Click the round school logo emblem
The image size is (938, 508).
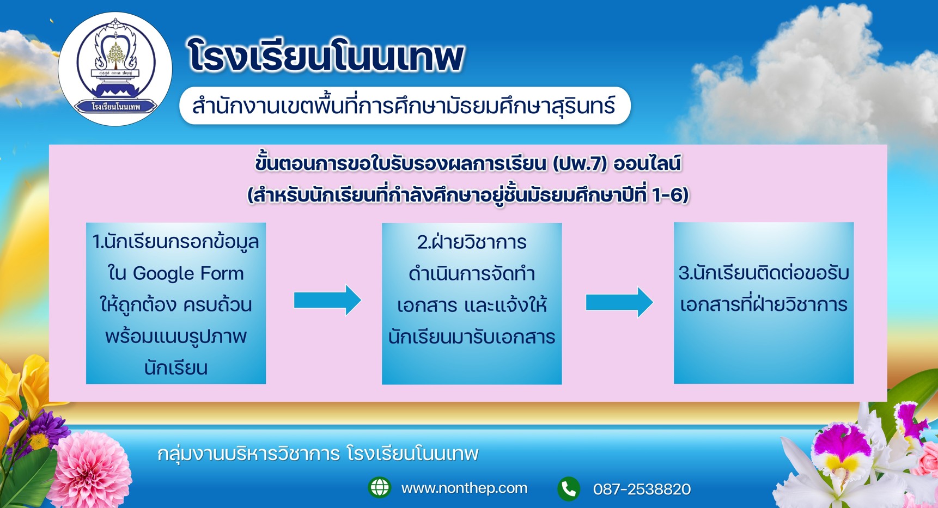[x=115, y=69]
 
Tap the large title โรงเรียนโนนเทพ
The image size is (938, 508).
[x=326, y=56]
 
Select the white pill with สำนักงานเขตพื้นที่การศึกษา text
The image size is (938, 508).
[x=405, y=106]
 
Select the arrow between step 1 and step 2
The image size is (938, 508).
[x=327, y=300]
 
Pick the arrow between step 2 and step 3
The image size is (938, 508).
[x=619, y=302]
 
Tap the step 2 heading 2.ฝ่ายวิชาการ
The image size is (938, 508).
[x=472, y=242]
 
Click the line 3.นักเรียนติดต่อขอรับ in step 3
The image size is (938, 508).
[x=764, y=272]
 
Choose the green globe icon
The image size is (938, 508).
[x=380, y=487]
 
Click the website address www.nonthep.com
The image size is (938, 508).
[x=464, y=488]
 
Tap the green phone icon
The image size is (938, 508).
[x=569, y=488]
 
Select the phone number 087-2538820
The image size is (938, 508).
[x=642, y=489]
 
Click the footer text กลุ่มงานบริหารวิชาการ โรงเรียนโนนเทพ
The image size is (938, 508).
[x=318, y=454]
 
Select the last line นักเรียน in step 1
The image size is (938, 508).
[x=176, y=368]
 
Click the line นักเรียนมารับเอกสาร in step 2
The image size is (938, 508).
[x=472, y=337]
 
